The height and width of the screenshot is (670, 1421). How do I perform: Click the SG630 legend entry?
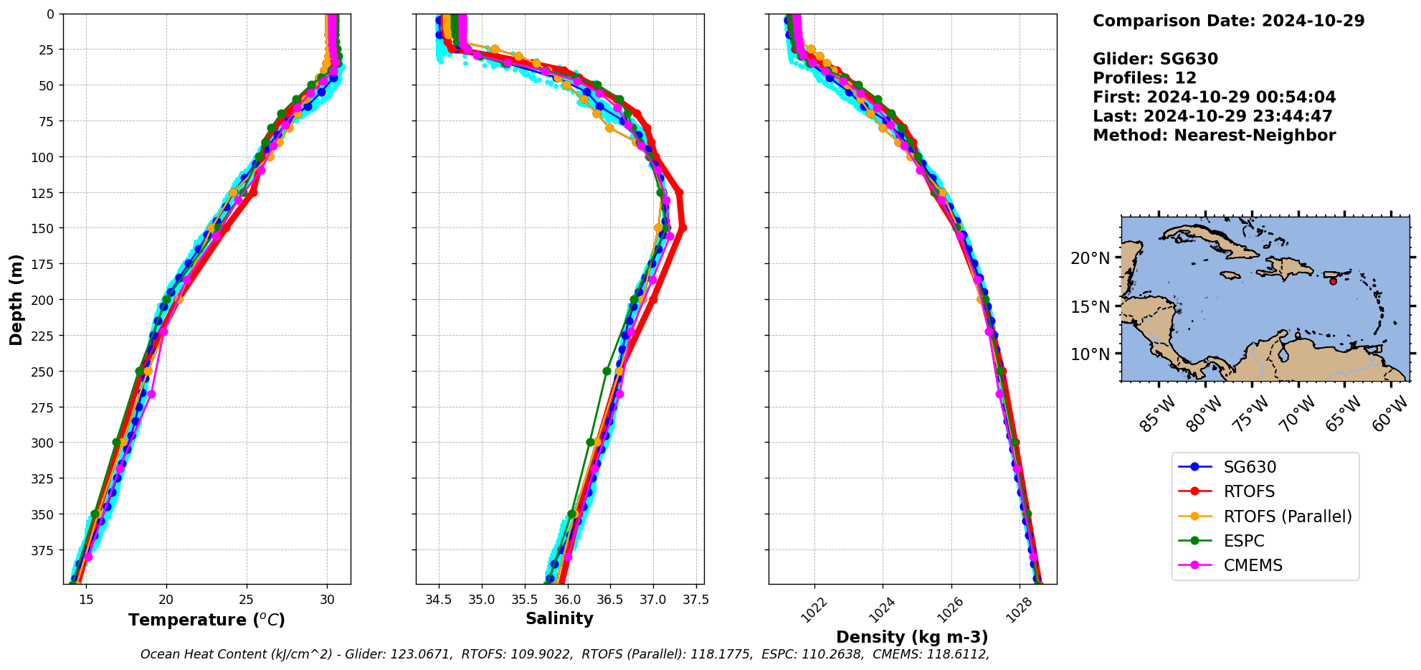[x=1249, y=467]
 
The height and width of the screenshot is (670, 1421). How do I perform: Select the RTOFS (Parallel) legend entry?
[x=1287, y=516]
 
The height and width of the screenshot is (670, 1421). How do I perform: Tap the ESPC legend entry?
[x=1243, y=541]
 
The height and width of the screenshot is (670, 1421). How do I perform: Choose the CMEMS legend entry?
[x=1253, y=565]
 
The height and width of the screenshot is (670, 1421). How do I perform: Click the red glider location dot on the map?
[x=1333, y=281]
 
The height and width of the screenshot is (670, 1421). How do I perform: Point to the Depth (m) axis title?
[x=16, y=299]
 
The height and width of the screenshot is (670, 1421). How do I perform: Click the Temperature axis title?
[x=206, y=620]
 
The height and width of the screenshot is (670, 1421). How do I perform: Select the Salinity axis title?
[x=559, y=618]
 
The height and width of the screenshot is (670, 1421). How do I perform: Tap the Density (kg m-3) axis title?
[x=912, y=637]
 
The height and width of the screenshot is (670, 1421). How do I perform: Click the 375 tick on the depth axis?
[x=49, y=550]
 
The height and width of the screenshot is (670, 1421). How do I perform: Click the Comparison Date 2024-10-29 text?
[x=1228, y=21]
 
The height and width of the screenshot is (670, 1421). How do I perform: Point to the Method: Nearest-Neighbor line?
[x=1214, y=136]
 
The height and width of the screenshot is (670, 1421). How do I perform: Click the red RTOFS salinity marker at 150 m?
[x=683, y=228]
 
